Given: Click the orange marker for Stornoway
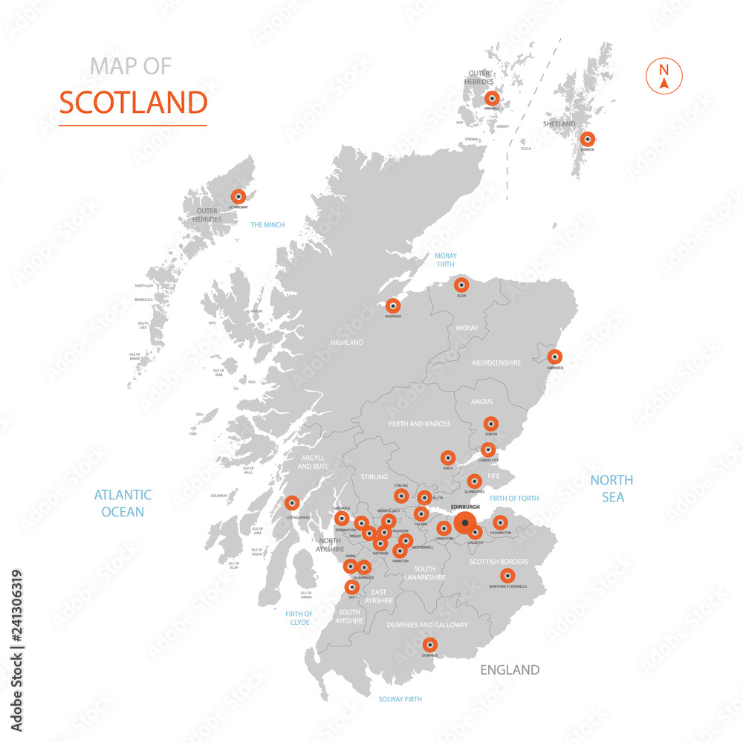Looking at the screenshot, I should click(238, 196).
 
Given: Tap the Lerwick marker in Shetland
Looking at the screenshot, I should click(588, 138).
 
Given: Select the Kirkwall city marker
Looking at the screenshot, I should click(491, 98).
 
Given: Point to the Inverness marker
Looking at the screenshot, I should click(393, 305).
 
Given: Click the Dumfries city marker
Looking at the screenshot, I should click(429, 644).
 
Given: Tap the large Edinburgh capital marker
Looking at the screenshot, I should click(465, 523).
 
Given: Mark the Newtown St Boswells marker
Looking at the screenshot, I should click(507, 575).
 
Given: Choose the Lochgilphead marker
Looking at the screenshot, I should click(292, 502).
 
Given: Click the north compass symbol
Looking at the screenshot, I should click(664, 77).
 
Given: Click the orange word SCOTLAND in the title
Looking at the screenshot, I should click(132, 102).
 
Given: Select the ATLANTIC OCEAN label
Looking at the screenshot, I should click(123, 503).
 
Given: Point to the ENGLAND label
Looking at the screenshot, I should click(509, 669).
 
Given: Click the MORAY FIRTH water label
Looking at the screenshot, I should click(445, 259).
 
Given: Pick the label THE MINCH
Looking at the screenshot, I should click(267, 224).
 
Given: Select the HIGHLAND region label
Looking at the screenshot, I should click(347, 343).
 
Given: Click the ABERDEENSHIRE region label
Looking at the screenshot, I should click(496, 363).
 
